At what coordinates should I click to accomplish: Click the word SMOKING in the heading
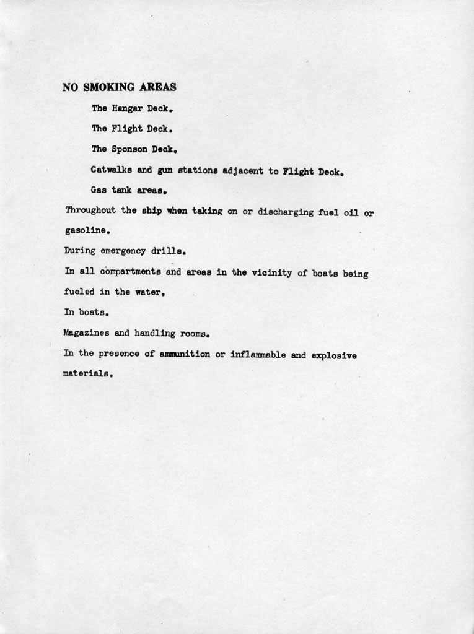coord(108,87)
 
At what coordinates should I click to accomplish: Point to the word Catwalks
coord(111,170)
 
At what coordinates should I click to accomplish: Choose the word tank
coord(120,191)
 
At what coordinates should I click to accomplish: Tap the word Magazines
coord(87,333)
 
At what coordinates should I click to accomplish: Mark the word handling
coord(155,334)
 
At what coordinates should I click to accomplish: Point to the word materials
coord(86,375)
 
